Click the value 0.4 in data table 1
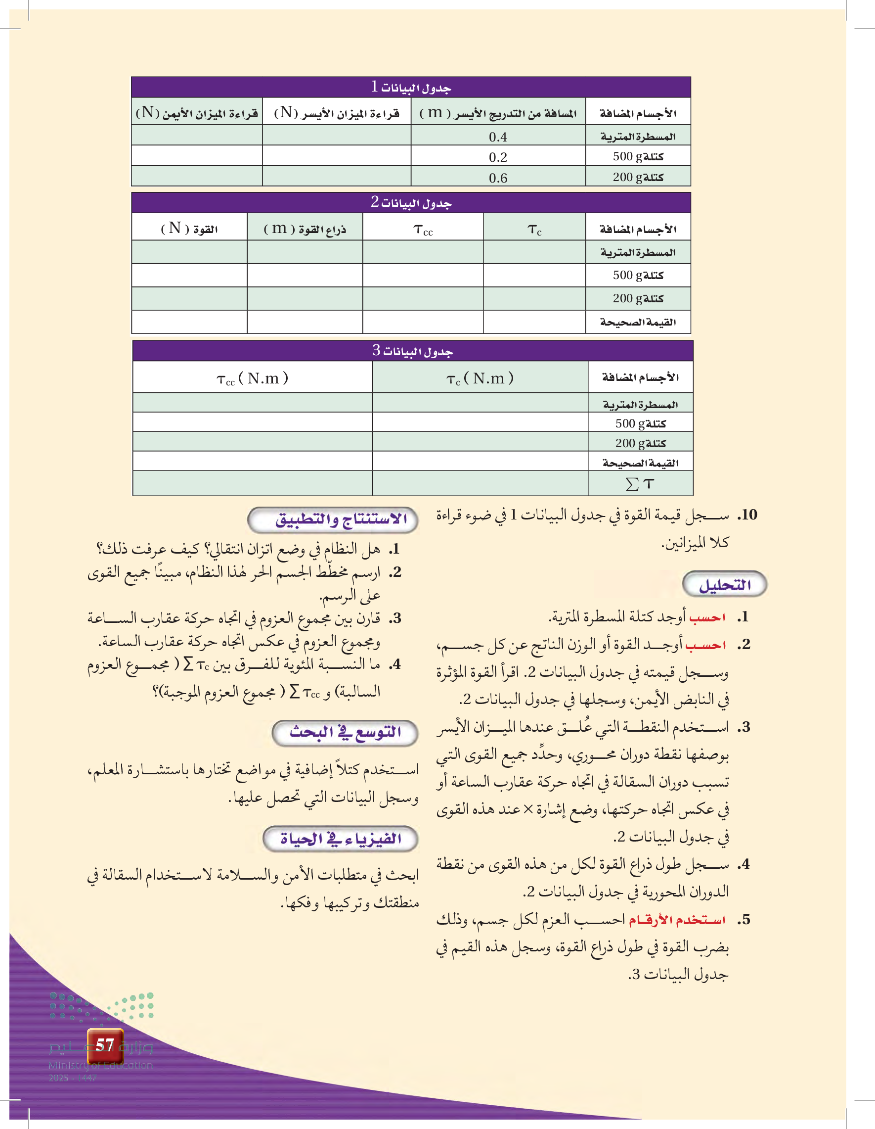click(498, 137)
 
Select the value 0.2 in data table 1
click(498, 157)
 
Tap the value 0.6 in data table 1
click(498, 178)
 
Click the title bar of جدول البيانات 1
click(411, 88)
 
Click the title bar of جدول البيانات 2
click(411, 203)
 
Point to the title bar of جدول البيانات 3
click(412, 351)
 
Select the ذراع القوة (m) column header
click(305, 229)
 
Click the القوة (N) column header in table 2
click(189, 229)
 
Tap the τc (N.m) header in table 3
click(480, 378)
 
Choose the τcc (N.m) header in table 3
click(252, 378)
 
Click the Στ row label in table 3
click(640, 484)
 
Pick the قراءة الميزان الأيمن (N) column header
click(197, 113)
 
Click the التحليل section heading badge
click(724, 585)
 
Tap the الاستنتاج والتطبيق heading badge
click(333, 519)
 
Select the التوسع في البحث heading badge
click(345, 733)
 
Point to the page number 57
click(105, 1045)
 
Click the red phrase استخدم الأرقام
click(677, 920)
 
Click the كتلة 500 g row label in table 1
click(638, 157)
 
